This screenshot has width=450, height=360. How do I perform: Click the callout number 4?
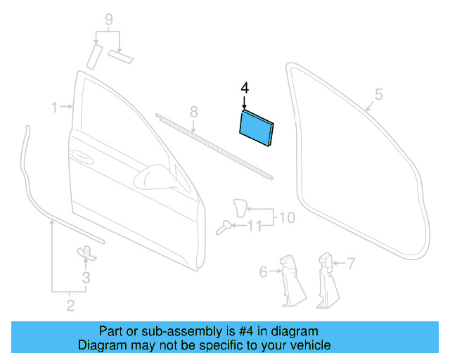coord(245,88)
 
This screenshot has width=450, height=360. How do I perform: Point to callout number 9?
coord(108,19)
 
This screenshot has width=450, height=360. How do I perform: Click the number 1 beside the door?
coord(54,107)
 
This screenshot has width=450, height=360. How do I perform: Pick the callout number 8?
coord(193,112)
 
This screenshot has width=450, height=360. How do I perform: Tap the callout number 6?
coord(264,271)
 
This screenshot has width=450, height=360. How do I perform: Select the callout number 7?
coord(352,264)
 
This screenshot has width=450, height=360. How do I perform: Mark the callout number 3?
coord(86,278)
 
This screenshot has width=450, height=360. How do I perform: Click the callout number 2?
coord(70,305)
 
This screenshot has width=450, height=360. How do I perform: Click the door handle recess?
coord(81,157)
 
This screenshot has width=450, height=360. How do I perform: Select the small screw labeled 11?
coord(225,226)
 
